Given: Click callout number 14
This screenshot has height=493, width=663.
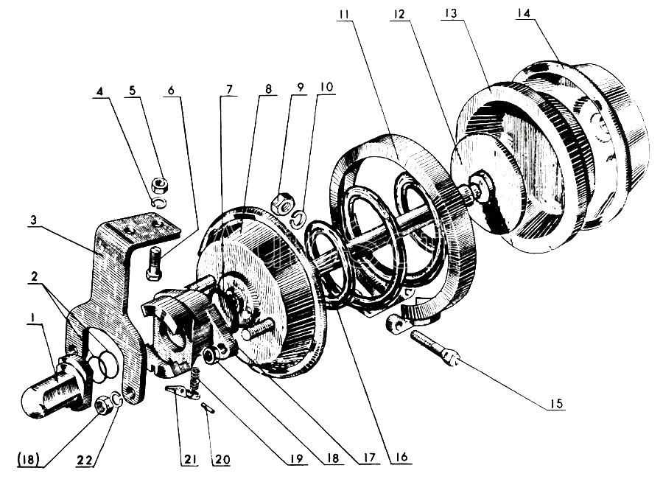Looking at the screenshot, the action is pyautogui.click(x=523, y=13).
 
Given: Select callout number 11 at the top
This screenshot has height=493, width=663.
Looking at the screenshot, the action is pyautogui.click(x=344, y=14).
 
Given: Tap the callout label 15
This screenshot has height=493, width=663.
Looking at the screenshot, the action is pyautogui.click(x=557, y=404).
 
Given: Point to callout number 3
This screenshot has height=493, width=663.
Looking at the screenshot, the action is pyautogui.click(x=34, y=220).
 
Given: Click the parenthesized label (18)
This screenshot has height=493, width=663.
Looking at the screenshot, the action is pyautogui.click(x=29, y=459).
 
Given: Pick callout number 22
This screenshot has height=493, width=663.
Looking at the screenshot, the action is pyautogui.click(x=85, y=460).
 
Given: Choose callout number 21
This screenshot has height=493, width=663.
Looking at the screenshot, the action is pyautogui.click(x=189, y=459).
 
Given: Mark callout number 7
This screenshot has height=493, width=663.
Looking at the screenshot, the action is pyautogui.click(x=229, y=90).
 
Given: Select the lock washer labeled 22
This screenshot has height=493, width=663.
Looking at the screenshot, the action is pyautogui.click(x=116, y=399).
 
